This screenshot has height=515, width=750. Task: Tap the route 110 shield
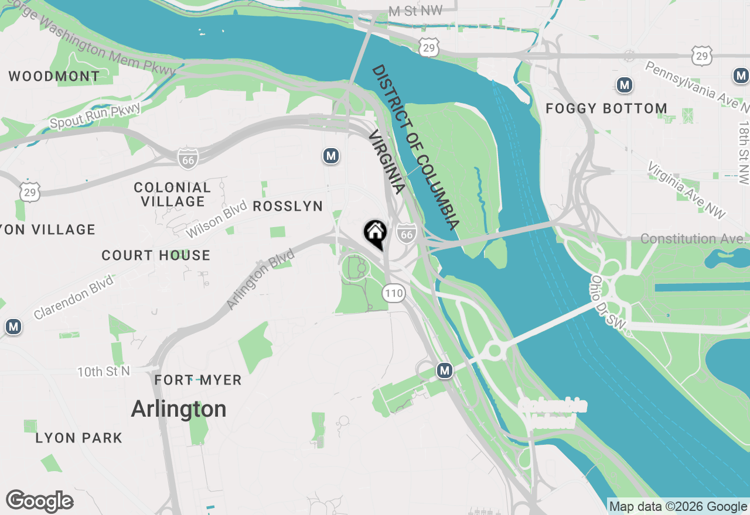coord(394,293)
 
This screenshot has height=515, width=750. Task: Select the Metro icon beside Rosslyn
coord(331,156)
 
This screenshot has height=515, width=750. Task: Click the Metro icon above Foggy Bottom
coord(625,85)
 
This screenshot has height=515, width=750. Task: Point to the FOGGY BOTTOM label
coord(606,108)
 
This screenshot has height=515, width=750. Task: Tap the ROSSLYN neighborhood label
coord(288,206)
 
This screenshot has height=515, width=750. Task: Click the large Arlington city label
coord(179,408)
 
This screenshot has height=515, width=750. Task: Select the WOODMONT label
coord(54,76)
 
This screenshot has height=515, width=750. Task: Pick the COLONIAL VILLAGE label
coord(172,194)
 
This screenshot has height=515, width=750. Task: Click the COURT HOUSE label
coord(156,255)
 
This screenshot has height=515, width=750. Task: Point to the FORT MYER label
coord(198,380)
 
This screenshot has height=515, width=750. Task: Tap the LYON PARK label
coord(79,438)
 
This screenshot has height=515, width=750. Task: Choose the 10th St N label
coord(104,371)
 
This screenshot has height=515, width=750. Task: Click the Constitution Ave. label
coord(693,239)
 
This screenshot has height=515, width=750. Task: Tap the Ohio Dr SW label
coord(608,302)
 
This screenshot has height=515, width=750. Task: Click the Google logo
coord(39,502)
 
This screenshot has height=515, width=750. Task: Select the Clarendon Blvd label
coord(73,295)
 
